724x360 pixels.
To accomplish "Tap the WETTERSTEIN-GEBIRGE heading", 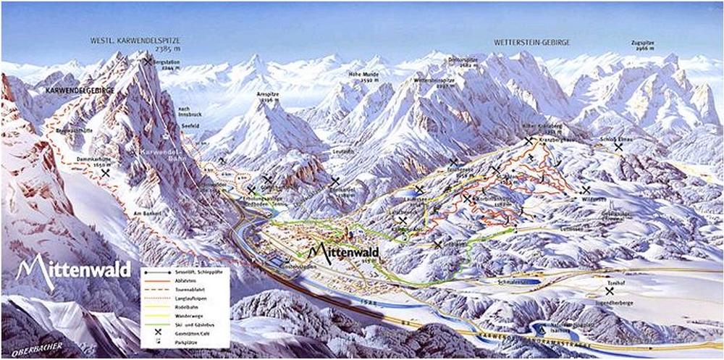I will (531, 43).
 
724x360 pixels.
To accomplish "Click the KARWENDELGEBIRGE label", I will (80, 91).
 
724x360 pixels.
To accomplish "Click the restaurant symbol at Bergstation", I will (148, 62).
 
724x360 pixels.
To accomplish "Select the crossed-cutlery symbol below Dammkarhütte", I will (106, 174).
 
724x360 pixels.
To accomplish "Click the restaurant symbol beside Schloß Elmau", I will (618, 146).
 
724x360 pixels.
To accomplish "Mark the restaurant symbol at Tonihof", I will (610, 290).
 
